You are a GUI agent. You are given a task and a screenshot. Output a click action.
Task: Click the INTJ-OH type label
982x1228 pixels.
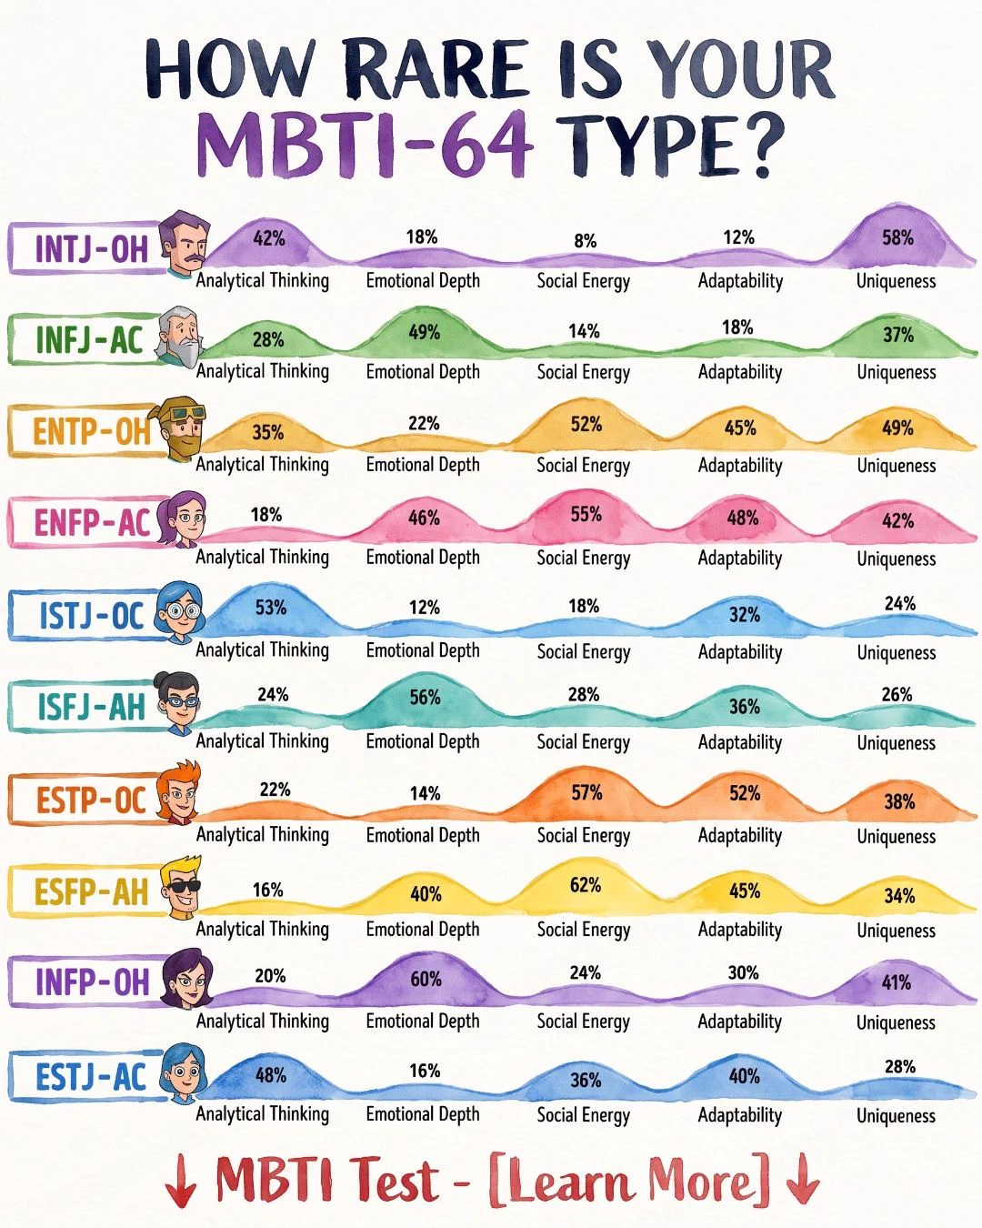tap(91, 249)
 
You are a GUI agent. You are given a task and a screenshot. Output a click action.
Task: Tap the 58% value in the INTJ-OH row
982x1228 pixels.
tap(897, 237)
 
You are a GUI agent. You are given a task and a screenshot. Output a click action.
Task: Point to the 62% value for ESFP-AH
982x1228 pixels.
tap(586, 885)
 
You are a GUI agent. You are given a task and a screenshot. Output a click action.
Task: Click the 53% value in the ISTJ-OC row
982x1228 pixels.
tap(270, 607)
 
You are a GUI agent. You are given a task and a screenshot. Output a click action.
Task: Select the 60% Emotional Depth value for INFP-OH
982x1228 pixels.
tap(426, 979)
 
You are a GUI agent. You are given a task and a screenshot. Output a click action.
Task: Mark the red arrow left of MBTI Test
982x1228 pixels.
tap(181, 1180)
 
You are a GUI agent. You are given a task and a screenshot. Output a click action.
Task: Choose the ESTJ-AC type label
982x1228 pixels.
tap(91, 1077)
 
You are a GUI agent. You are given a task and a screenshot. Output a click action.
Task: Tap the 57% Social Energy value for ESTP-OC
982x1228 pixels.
tap(587, 792)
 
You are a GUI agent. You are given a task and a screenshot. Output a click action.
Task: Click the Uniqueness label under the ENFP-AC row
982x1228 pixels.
tap(897, 559)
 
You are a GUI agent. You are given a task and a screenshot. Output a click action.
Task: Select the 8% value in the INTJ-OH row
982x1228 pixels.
tap(586, 241)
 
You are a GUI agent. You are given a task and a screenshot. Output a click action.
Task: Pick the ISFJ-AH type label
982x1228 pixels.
tap(91, 707)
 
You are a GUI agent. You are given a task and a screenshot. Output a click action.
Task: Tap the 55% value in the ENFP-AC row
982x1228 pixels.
tap(586, 514)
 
